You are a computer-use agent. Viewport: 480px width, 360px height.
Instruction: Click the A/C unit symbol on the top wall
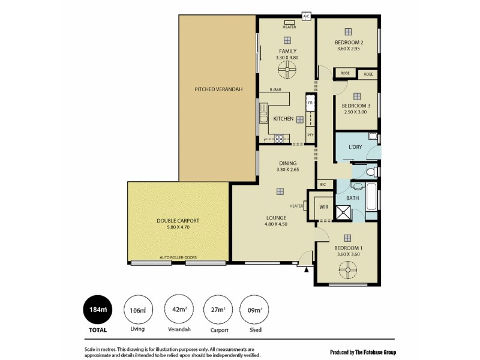[x=307, y=16]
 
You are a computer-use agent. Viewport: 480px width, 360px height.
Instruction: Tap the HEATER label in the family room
[x=289, y=27]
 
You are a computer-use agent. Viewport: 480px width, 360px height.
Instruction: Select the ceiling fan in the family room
[x=287, y=72]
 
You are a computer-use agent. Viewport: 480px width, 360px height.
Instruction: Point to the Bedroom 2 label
[x=349, y=43]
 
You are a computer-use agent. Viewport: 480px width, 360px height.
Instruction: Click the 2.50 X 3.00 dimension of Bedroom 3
[x=356, y=112]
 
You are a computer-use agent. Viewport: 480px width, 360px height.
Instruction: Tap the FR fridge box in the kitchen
[x=310, y=103]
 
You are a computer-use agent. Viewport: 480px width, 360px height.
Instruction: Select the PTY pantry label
[x=310, y=135]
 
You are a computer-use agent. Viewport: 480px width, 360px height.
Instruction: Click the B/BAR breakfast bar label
[x=275, y=89]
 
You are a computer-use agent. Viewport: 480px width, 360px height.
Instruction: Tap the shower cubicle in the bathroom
[x=344, y=213]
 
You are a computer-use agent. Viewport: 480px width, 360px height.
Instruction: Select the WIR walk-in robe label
[x=323, y=207]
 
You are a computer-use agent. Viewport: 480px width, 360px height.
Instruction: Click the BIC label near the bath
[x=323, y=184]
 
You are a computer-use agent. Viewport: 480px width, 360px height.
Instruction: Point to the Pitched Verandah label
[x=218, y=89]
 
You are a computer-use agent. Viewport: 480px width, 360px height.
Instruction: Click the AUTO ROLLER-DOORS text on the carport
[x=178, y=257]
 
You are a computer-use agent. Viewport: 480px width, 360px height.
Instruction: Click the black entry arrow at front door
[x=307, y=269]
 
